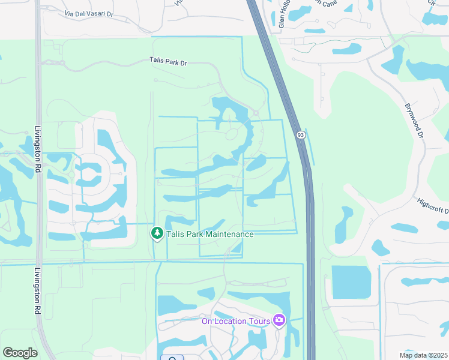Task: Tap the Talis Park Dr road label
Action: point(168,61)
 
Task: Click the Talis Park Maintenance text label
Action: point(209,234)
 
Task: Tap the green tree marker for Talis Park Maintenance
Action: point(157,233)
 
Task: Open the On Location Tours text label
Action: point(236,320)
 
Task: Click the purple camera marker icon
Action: point(279,320)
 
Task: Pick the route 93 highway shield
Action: point(299,135)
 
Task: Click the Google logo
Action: point(20,352)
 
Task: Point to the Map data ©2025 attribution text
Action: point(423,355)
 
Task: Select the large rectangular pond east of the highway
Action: point(351,282)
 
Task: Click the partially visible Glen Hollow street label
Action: point(282,15)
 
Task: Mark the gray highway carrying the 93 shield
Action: point(310,240)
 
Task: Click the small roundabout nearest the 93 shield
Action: point(256,113)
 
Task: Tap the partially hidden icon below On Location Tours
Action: point(172,358)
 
